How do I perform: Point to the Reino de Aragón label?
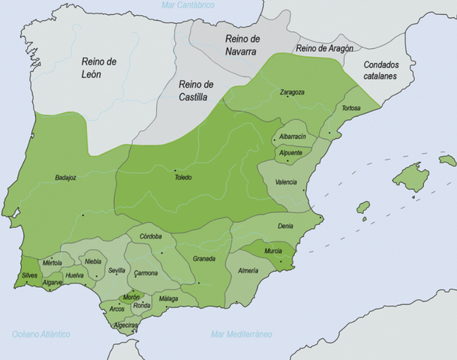click(x=325, y=48)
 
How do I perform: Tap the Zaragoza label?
click(x=292, y=92)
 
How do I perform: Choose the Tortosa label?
click(x=349, y=108)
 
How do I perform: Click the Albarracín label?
click(x=291, y=137)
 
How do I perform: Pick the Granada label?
click(x=204, y=259)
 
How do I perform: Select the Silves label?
click(x=30, y=275)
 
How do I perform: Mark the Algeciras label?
click(x=125, y=325)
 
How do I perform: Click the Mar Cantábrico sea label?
click(x=188, y=5)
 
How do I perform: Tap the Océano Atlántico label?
click(x=41, y=333)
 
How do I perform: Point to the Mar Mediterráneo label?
click(x=241, y=333)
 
